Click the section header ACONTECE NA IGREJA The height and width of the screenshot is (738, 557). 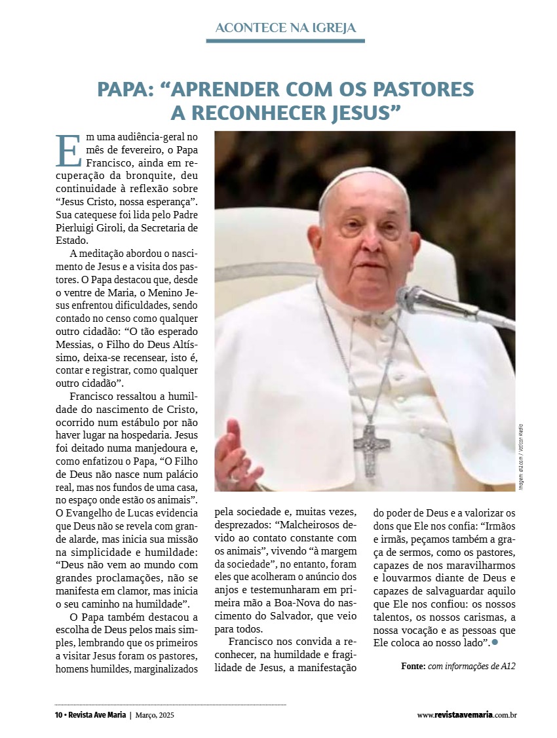(285, 28)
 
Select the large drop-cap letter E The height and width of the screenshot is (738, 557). (67, 151)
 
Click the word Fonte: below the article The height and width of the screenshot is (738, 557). (413, 667)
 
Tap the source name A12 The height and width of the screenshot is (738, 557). (508, 667)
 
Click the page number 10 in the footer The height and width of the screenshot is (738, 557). (58, 715)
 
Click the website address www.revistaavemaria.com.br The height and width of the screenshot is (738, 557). (467, 715)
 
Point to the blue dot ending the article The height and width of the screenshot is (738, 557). (495, 643)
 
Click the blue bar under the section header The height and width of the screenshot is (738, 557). (285, 41)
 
